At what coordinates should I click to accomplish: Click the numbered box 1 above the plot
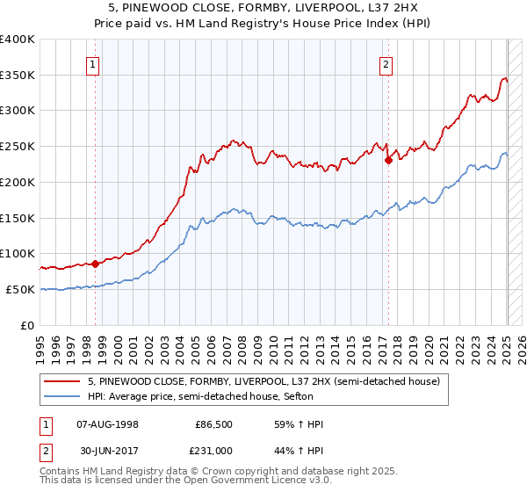92,62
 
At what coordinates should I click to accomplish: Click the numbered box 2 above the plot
386,62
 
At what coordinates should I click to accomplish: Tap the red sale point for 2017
387,159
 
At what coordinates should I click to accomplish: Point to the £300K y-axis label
18,111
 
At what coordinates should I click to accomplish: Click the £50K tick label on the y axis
19,289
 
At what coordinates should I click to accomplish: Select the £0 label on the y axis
27,325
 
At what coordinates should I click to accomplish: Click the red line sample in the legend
62,380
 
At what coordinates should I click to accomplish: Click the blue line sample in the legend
62,396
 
